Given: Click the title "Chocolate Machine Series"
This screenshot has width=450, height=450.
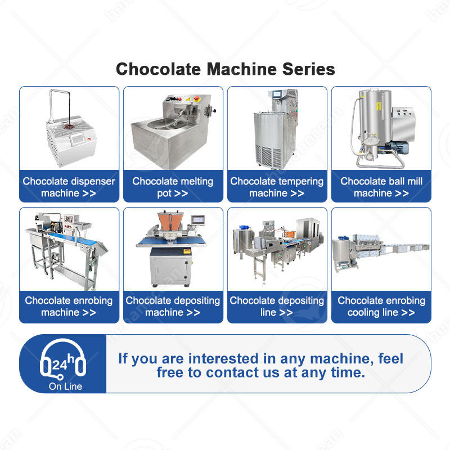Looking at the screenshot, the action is [225, 69].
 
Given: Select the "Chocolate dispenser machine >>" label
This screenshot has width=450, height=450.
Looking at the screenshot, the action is [69, 187].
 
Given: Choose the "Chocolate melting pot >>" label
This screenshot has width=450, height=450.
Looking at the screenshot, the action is [173, 187].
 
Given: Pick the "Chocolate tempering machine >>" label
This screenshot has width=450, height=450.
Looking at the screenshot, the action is [277, 187].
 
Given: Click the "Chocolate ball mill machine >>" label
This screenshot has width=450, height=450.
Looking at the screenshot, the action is [381, 187].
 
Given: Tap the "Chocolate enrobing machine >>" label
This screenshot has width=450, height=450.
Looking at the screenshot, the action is [69, 307].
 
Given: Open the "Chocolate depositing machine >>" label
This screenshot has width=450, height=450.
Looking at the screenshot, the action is [173, 307].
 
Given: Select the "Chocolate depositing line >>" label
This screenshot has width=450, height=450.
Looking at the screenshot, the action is [277, 307].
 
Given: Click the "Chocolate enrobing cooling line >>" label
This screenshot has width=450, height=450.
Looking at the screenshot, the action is [381, 307].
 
